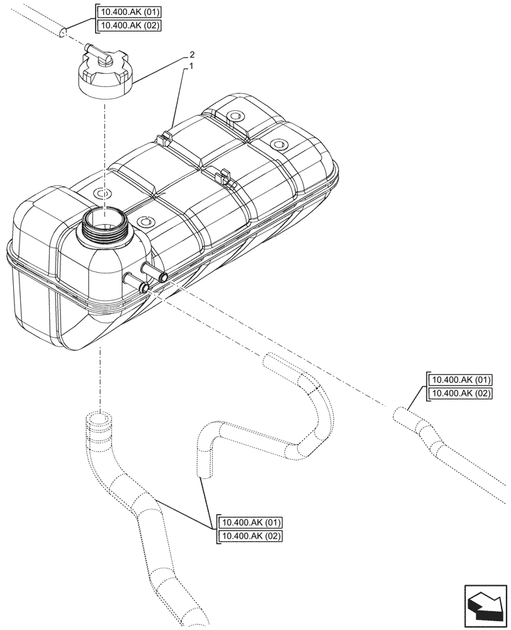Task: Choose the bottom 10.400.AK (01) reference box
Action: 250,523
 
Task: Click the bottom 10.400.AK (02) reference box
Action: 250,537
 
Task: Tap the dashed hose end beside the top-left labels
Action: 62,31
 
